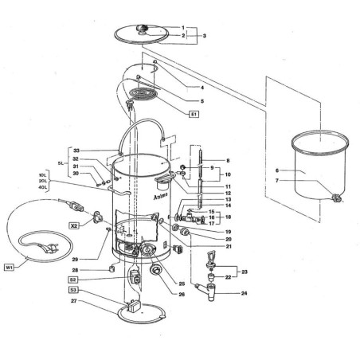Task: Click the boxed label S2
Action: (x=72, y=280)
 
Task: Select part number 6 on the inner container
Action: (x=277, y=170)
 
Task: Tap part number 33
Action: (x=76, y=150)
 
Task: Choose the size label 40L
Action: (x=42, y=188)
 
